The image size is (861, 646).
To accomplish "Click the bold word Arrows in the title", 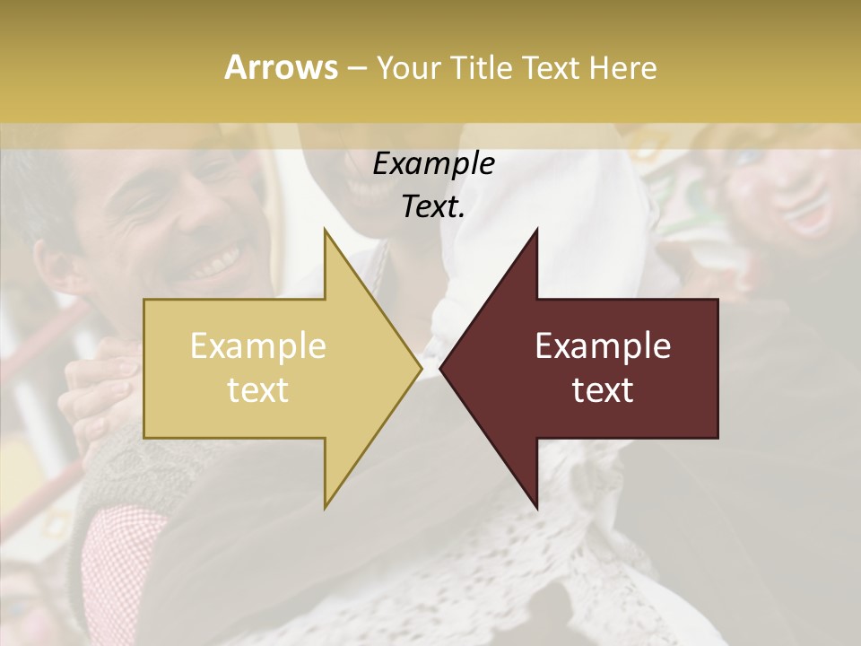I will pos(281,67).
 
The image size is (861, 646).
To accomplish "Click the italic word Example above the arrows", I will pos(433,164).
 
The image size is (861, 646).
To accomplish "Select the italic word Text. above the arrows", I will pos(433,207).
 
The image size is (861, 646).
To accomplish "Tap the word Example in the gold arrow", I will pos(258,346).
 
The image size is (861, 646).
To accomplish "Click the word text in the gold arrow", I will pos(258,390).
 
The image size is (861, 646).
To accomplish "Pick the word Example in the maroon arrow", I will pos(603,346).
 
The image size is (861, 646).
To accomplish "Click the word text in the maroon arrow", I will pos(603,390).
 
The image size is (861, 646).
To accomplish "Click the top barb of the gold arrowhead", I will pos(326,235).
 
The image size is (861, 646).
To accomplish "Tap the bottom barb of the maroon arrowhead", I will pos(535,502).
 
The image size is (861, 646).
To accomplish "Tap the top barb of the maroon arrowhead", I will pos(535,235).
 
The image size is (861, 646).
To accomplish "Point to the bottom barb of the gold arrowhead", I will pos(326,502).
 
